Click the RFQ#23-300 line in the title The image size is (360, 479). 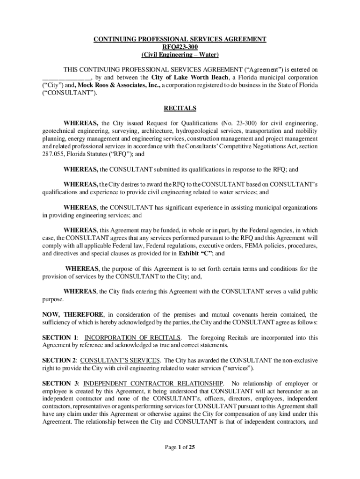click(x=180, y=47)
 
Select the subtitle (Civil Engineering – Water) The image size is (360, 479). click(x=180, y=54)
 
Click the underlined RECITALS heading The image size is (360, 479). click(x=180, y=109)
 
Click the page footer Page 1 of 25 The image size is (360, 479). click(x=180, y=447)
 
